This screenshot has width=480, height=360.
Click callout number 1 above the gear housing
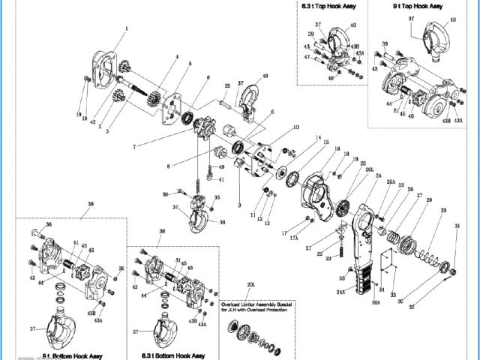127,29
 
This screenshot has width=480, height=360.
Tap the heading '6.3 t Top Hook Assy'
328,6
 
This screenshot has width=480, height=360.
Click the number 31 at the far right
457,226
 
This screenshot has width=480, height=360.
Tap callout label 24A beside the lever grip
340,292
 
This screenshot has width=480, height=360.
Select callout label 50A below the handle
376,302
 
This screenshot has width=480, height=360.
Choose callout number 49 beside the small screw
221,166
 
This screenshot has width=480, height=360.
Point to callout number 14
318,138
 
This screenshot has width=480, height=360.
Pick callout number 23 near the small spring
327,258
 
